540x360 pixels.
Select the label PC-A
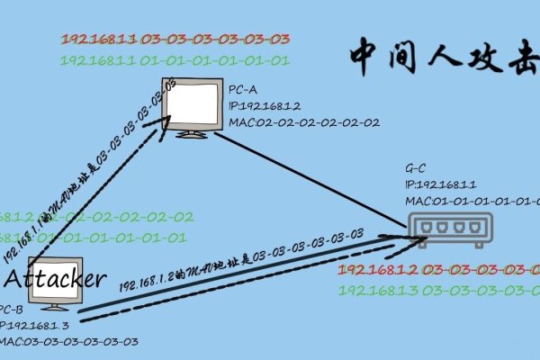(244, 91)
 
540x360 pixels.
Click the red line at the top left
(175, 40)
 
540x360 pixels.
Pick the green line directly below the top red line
(175, 60)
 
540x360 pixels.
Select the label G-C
(416, 168)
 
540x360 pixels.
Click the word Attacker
(57, 278)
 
